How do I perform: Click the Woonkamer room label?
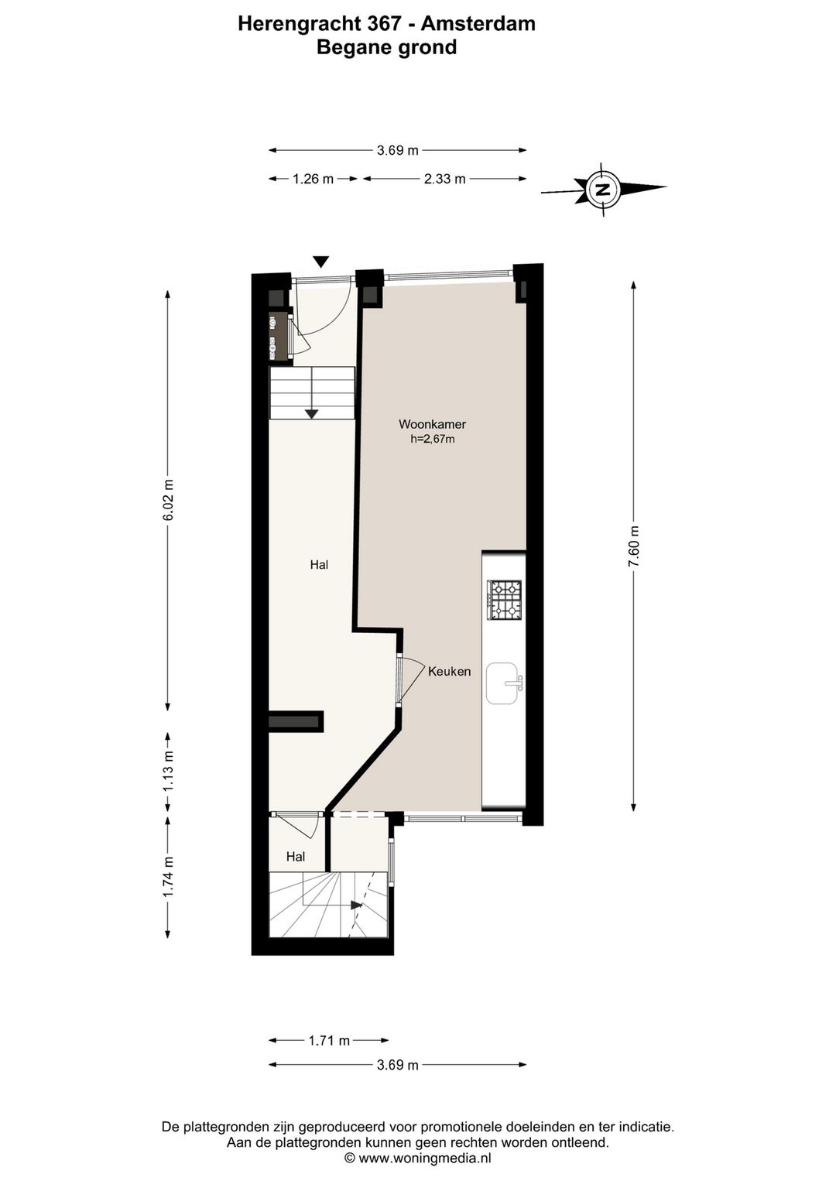pos(432,424)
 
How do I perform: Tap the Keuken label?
pos(449,672)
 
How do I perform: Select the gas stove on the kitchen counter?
pos(503,600)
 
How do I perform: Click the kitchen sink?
pos(503,683)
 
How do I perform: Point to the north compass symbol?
pos(602,188)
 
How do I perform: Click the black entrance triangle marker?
pos(321,262)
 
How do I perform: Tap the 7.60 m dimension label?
pos(634,546)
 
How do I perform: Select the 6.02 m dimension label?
pos(168,501)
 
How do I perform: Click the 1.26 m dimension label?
pos(313,179)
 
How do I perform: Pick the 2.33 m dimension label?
pos(444,179)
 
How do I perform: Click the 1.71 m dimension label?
pos(329,1040)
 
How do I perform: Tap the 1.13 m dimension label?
pos(168,772)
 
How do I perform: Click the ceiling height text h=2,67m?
pos(432,440)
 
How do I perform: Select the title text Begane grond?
pos(386,48)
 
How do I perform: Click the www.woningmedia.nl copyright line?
pos(417,1159)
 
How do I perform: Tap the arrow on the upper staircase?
pos(311,412)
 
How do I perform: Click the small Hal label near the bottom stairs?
pos(295,857)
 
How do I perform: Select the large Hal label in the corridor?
pos(319,565)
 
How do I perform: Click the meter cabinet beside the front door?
pos(276,336)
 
